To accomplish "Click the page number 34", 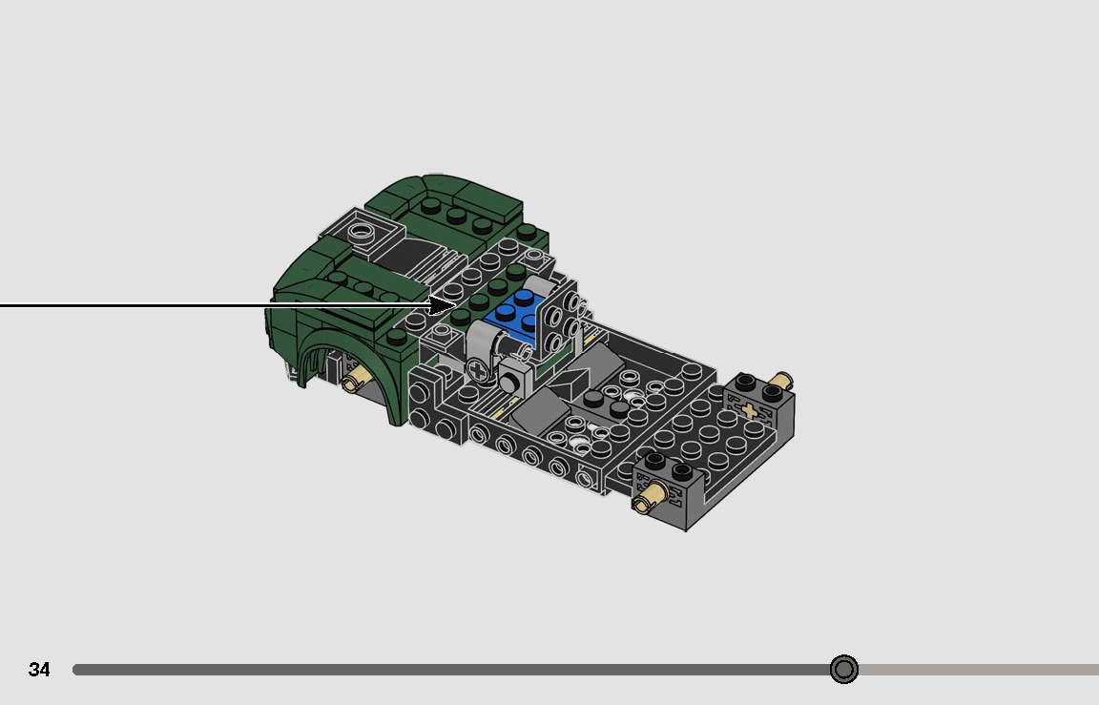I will pos(39,670).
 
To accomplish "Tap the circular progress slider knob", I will pos(843,670).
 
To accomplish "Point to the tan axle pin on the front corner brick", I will pos(652,495).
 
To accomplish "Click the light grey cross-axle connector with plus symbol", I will pos(478,368).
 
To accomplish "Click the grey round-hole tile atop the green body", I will pos(363,230).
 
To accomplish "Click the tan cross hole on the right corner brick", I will pos(750,411).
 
